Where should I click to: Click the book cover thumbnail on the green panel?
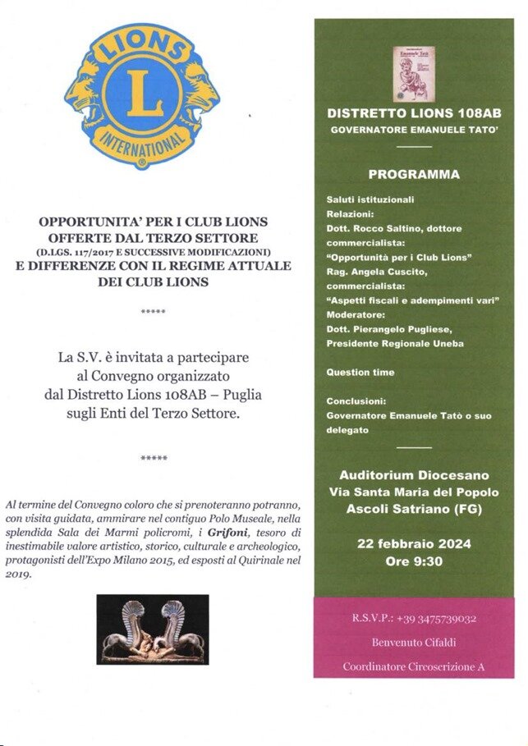(414, 73)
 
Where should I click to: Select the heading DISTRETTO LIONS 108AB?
(414, 113)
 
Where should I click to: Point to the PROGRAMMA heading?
(414, 175)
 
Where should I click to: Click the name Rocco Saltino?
(386, 229)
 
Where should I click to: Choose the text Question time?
(360, 373)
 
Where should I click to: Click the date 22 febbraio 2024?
(414, 545)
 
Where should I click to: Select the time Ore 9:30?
(414, 563)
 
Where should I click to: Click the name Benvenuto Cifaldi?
(414, 642)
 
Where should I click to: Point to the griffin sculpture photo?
(153, 629)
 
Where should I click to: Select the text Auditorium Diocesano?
(414, 476)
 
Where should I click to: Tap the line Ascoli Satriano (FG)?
(414, 510)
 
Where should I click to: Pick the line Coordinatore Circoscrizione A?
(414, 666)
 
